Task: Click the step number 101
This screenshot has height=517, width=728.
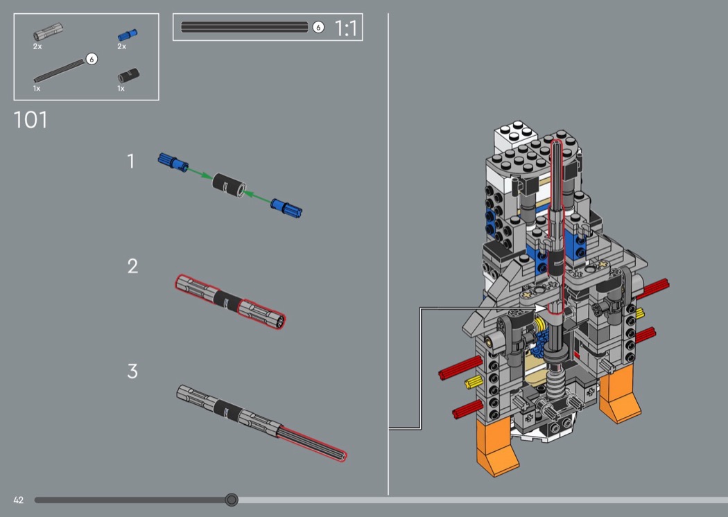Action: coord(31,120)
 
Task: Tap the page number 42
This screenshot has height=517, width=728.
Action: coord(19,500)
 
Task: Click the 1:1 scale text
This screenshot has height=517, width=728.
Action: coord(346,28)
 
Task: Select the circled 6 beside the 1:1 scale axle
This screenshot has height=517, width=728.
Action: coord(318,28)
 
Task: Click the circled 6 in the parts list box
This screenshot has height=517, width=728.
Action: coord(92,59)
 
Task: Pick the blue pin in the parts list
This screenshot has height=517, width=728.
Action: coord(127,35)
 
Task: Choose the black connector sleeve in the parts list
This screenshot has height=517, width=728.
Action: coord(128,75)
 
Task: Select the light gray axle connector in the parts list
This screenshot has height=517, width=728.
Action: coord(49,32)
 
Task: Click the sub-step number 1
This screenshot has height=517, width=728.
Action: coord(131,161)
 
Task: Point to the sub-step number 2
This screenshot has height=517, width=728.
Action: coord(132,266)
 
